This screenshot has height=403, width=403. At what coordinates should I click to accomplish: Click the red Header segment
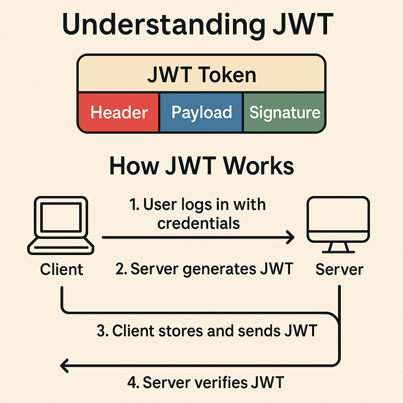[x=118, y=113]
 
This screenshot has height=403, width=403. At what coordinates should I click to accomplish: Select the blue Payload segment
[x=201, y=113]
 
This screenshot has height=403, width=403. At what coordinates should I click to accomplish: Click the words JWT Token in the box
[x=201, y=75]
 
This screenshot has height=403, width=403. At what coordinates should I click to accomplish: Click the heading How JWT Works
[x=201, y=166]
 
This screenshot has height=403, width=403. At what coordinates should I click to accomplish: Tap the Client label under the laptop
[x=62, y=270]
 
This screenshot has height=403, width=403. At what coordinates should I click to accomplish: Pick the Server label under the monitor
[x=339, y=270]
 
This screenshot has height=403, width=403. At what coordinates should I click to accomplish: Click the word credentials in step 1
[x=199, y=223]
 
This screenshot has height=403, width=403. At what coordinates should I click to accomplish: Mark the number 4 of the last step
[x=132, y=382]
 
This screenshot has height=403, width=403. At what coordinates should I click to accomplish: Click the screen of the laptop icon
[x=61, y=218]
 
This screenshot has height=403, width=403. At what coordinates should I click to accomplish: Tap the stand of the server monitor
[x=338, y=247]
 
